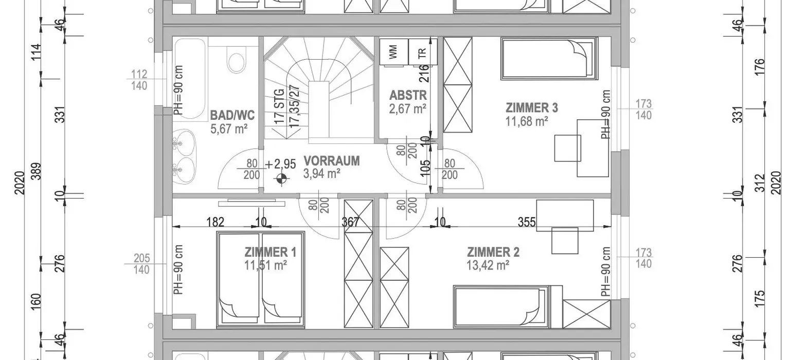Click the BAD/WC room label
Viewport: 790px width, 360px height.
tap(232, 115)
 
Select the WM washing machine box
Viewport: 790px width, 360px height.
tap(393, 51)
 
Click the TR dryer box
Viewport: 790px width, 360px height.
tap(422, 51)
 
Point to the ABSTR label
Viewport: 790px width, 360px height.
tap(408, 95)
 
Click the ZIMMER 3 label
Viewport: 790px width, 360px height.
tap(532, 108)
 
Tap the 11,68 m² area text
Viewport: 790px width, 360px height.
tap(527, 122)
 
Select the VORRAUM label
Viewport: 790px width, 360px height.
tap(332, 161)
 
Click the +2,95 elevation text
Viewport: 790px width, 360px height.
tap(280, 164)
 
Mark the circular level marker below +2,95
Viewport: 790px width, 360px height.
tap(281, 179)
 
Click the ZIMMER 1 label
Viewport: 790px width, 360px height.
tap(271, 252)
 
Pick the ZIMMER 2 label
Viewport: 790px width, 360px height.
tap(493, 252)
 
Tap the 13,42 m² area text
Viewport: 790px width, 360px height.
tap(488, 265)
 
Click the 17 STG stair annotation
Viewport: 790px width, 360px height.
tap(279, 106)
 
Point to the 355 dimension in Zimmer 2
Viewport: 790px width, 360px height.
tap(527, 222)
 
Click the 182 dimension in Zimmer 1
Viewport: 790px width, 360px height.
tap(215, 222)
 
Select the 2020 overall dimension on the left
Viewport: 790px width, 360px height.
tap(20, 183)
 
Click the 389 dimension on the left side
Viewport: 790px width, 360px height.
tap(37, 171)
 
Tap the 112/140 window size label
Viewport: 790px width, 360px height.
tap(139, 80)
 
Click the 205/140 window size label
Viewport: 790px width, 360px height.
tap(141, 264)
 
